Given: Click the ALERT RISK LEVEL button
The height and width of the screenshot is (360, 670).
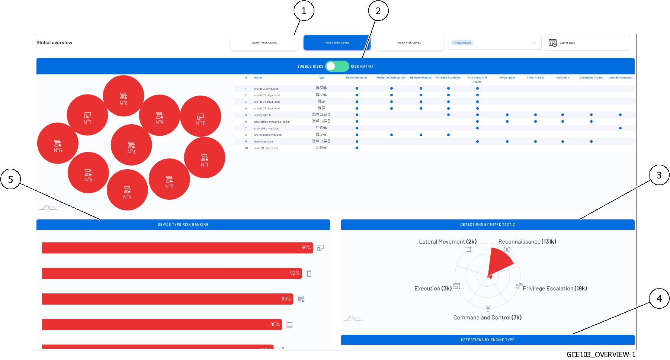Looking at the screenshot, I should click(264, 43).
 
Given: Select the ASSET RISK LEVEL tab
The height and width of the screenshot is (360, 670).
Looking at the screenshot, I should click(337, 43).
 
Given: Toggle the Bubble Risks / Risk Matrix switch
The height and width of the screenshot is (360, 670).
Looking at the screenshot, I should click(337, 66).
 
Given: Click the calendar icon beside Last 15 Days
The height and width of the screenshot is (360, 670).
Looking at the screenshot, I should click(553, 43).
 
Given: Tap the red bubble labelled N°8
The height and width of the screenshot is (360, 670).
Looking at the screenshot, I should click(124, 96).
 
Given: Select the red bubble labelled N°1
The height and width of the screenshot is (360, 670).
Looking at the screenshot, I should click(205, 158).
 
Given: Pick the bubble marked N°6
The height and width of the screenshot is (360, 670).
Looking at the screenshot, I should click(58, 143).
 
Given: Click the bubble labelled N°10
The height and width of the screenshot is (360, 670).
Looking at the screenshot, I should click(201, 116).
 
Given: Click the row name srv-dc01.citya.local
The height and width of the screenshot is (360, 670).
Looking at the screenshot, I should click(266, 89).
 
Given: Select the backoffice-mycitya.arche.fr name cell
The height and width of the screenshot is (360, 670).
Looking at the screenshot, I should click(272, 122).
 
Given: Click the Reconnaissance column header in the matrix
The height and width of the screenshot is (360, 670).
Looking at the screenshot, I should click(356, 78).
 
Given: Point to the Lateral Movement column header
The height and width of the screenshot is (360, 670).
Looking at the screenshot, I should click(620, 78).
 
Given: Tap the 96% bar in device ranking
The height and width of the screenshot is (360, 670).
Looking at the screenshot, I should click(177, 248).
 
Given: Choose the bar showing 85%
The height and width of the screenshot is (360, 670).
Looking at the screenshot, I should click(162, 324).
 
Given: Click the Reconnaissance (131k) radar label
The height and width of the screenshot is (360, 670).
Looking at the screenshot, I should click(527, 242).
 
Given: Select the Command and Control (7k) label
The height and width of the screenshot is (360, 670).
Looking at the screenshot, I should click(487, 318).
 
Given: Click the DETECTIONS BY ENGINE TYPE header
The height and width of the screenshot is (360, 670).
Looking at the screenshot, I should click(487, 340).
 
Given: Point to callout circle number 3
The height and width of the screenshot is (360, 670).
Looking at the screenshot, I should click(659, 175).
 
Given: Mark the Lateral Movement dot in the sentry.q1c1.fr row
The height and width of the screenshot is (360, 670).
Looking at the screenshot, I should click(620, 115).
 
